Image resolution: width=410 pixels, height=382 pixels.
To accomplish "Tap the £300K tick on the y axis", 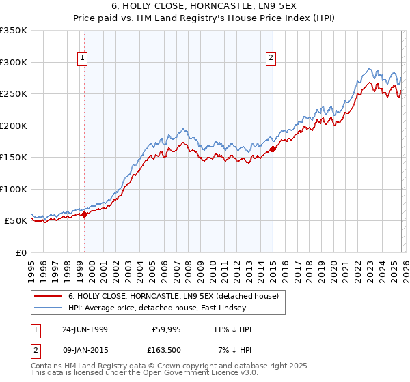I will (14, 62).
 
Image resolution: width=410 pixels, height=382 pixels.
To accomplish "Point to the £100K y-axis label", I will (14, 189).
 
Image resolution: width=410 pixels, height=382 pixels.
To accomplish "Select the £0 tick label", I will (20, 252).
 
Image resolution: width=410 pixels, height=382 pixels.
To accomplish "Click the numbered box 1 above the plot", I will (82, 59).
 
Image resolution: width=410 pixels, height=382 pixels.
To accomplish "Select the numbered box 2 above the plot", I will (271, 59).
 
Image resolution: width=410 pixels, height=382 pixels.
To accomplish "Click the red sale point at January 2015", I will (273, 148).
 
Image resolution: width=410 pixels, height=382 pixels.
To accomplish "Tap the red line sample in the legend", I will (48, 297).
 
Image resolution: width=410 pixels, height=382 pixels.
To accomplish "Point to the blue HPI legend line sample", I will (48, 308).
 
